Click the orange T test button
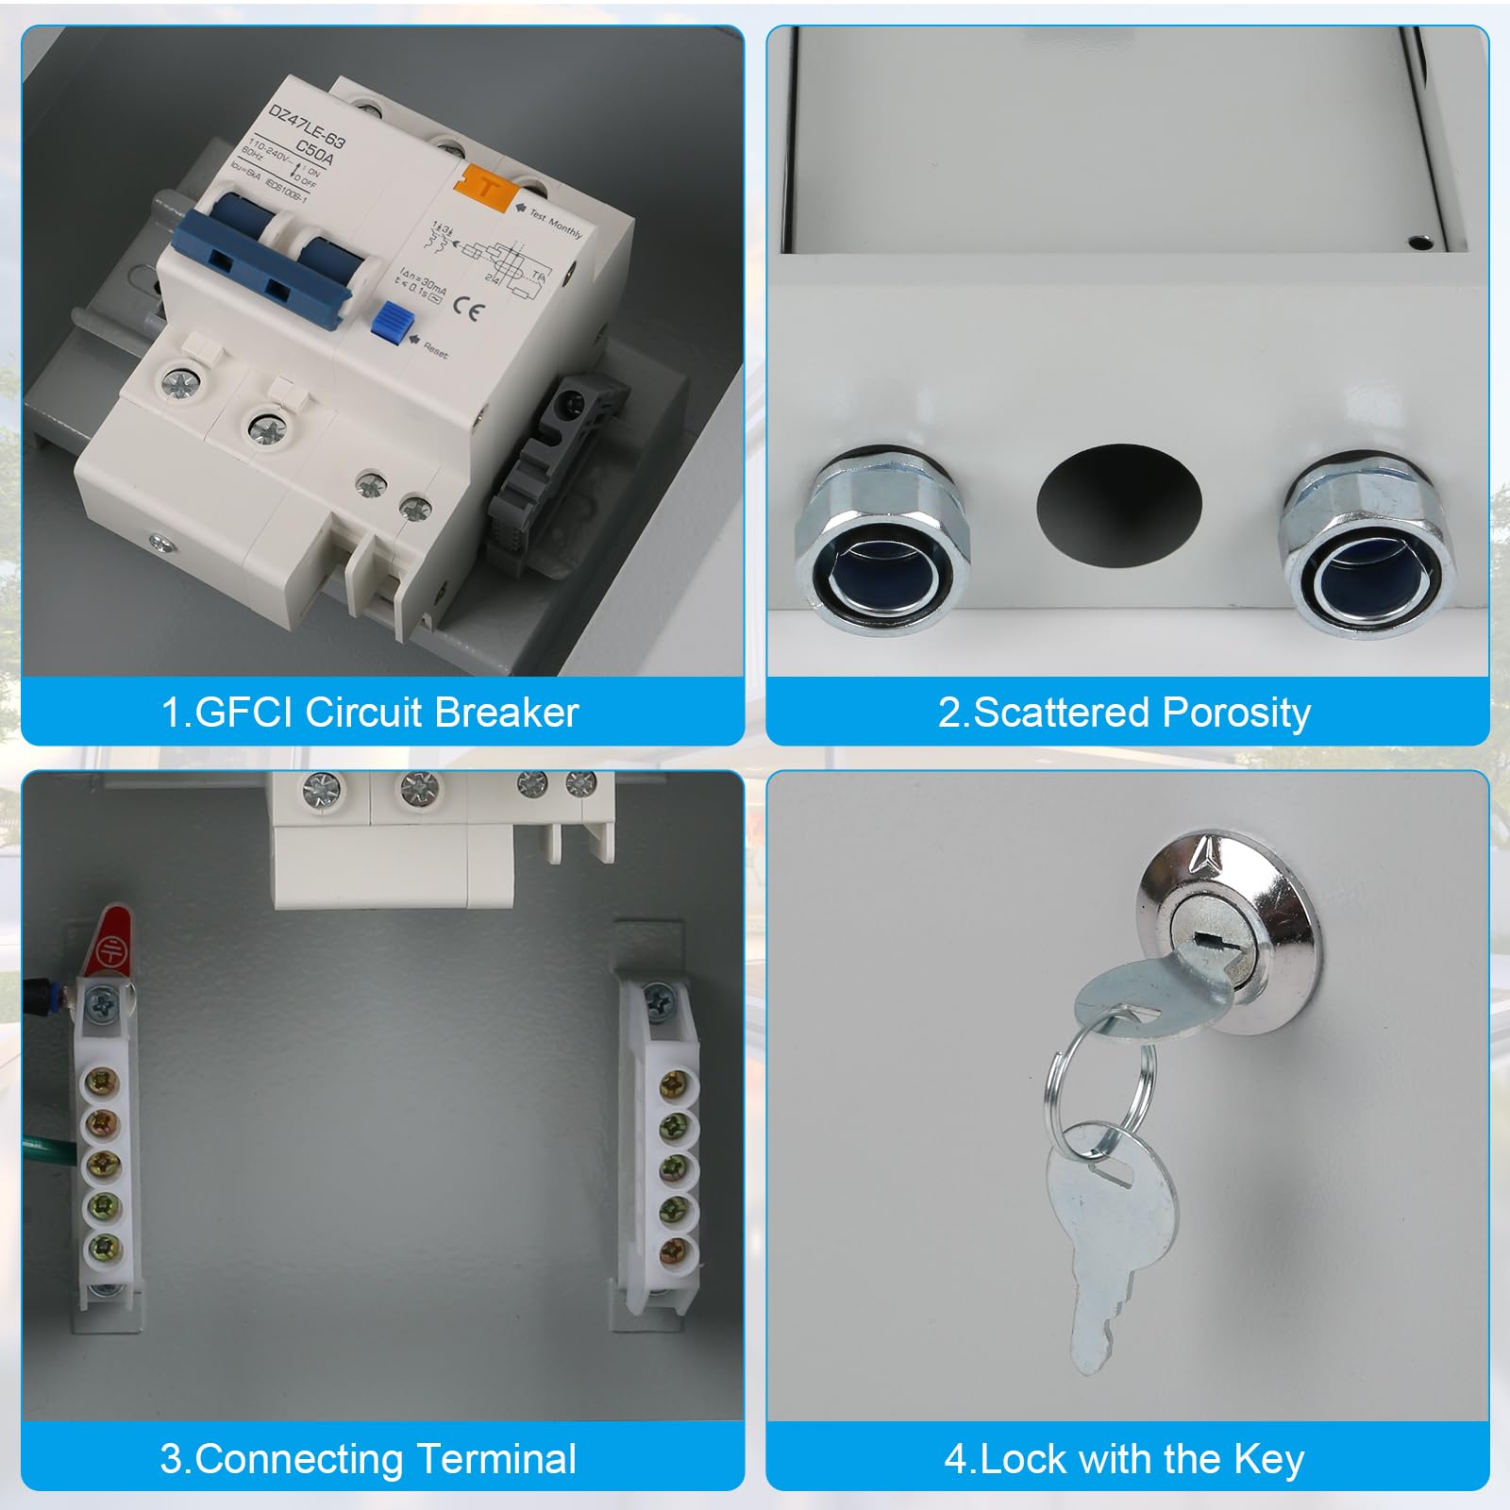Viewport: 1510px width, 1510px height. [487, 186]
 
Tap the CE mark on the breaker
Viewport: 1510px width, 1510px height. [466, 309]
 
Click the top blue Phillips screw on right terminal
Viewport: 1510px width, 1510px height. [658, 998]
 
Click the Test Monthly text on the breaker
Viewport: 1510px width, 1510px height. [556, 223]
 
